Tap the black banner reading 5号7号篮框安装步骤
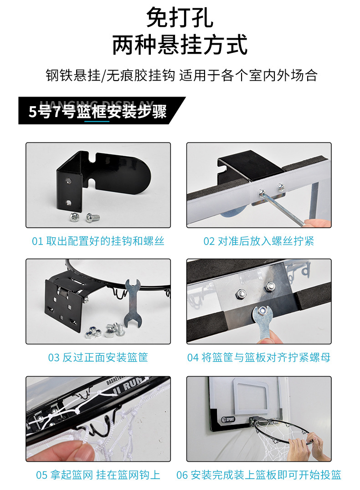click(98, 112)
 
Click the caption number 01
click(37, 241)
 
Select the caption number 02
click(209, 241)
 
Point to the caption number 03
click(54, 358)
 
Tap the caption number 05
click(42, 475)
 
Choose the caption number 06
click(182, 475)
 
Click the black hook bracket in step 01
click(98, 175)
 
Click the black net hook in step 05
click(98, 428)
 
